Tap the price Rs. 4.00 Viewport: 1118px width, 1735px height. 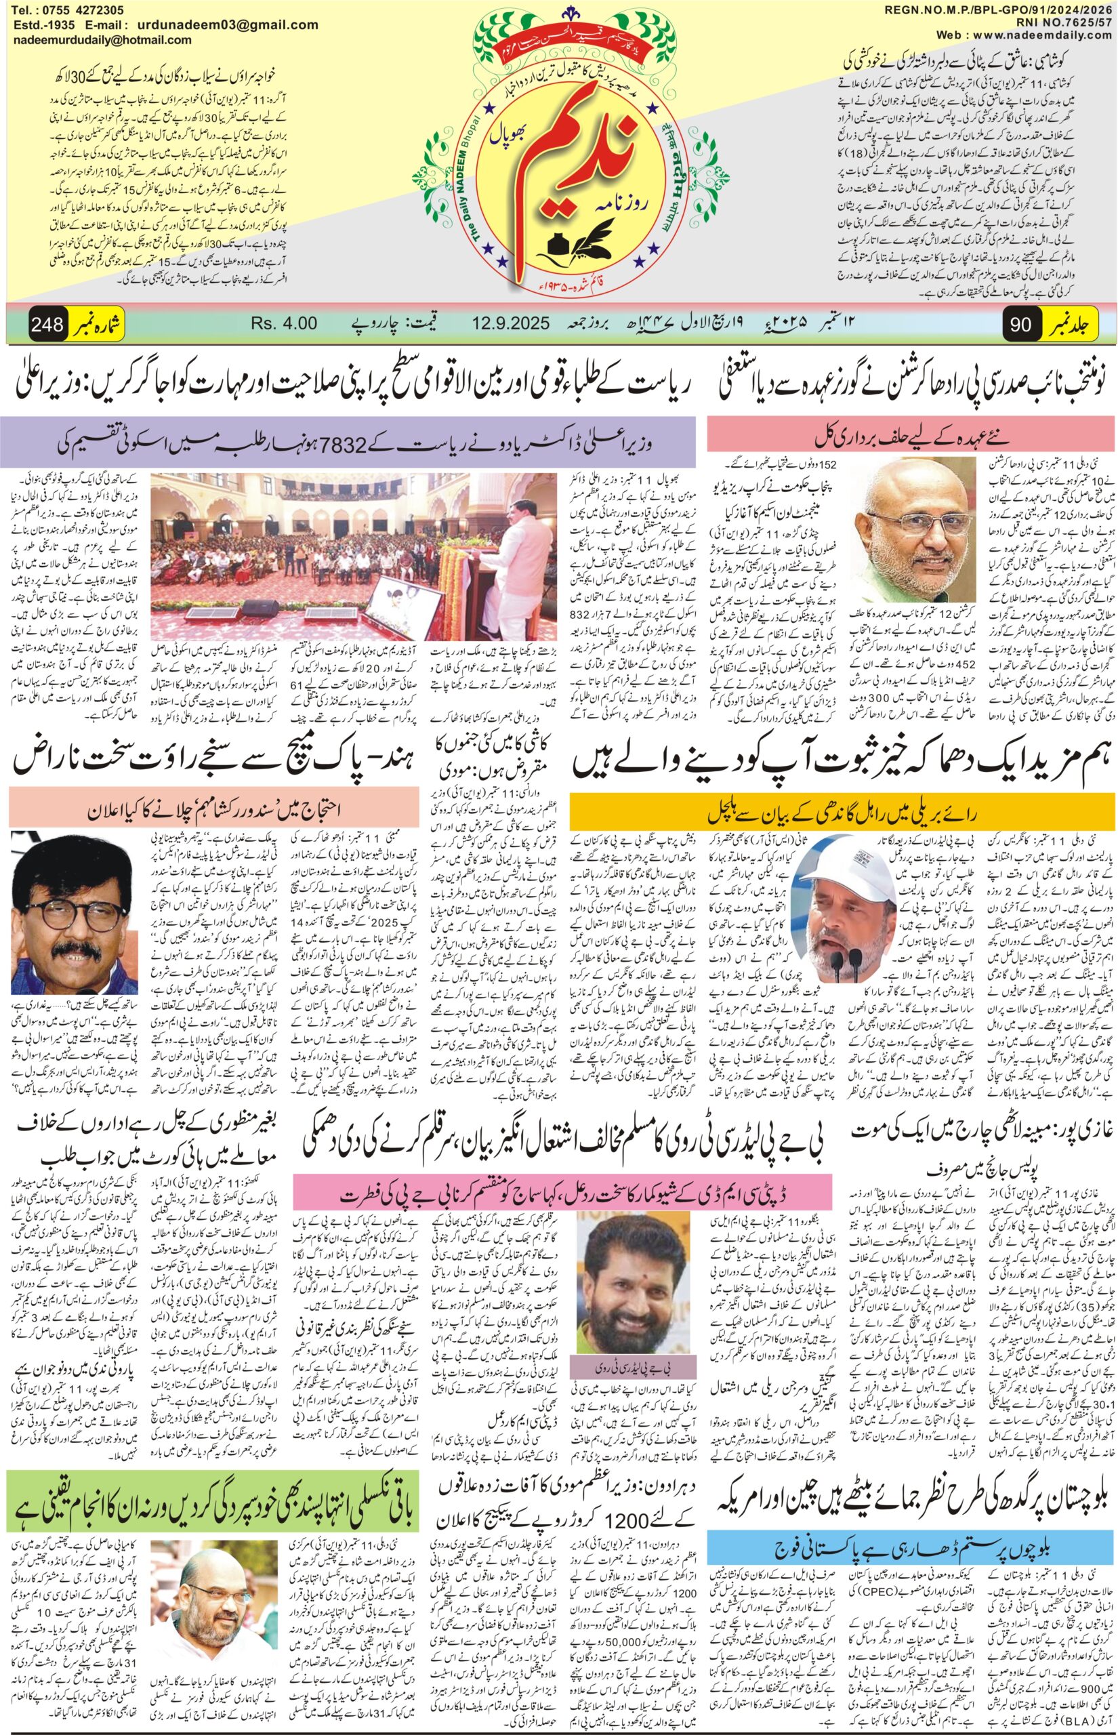(284, 323)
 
